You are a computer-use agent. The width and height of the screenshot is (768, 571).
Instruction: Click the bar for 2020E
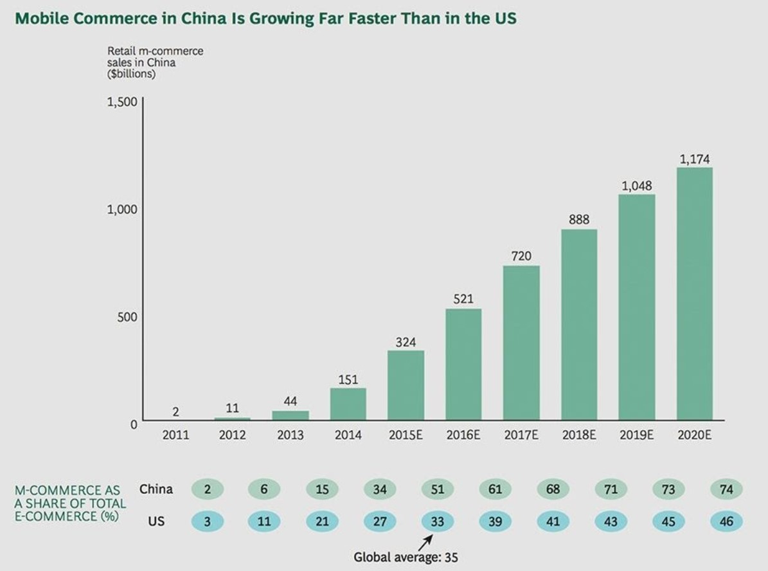tap(694, 294)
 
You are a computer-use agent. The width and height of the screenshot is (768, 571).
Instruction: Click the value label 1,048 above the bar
tap(636, 186)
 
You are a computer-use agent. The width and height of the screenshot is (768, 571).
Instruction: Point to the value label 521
tap(463, 299)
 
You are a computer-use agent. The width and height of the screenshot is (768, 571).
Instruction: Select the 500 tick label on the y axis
tap(126, 317)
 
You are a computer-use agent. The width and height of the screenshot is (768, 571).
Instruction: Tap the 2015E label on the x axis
tap(406, 435)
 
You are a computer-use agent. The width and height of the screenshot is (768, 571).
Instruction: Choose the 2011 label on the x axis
tap(175, 435)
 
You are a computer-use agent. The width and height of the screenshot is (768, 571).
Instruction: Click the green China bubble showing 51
tap(438, 489)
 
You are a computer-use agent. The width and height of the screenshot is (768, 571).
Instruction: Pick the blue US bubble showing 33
tap(438, 521)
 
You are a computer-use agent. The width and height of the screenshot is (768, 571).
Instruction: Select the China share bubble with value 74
tap(726, 489)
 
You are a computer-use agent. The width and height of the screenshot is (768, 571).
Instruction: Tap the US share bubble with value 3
tap(208, 521)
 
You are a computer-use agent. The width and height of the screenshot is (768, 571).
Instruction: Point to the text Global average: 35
tap(406, 557)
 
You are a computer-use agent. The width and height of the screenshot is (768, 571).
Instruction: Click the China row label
tap(156, 489)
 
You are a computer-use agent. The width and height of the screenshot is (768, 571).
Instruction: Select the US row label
tap(156, 521)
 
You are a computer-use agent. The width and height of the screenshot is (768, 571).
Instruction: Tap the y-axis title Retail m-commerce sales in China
tap(155, 62)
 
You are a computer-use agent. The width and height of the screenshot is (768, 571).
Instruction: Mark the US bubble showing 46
tap(726, 521)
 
